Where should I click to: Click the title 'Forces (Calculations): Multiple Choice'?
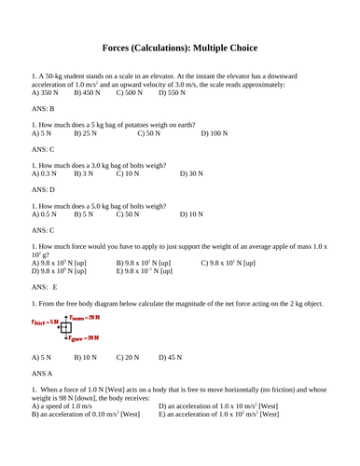click(179, 48)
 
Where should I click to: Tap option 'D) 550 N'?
click(173, 93)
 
